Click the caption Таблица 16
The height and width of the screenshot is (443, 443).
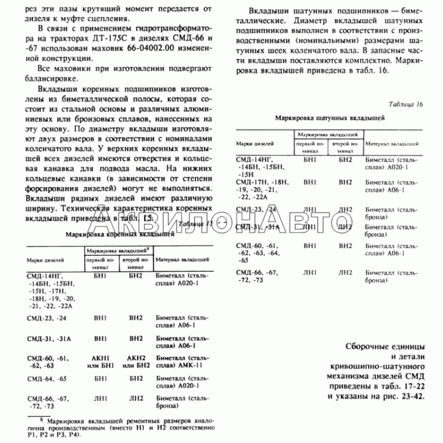click(406, 105)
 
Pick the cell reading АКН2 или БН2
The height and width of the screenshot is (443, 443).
click(136, 361)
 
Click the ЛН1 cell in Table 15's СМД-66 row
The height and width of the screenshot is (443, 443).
click(100, 399)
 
